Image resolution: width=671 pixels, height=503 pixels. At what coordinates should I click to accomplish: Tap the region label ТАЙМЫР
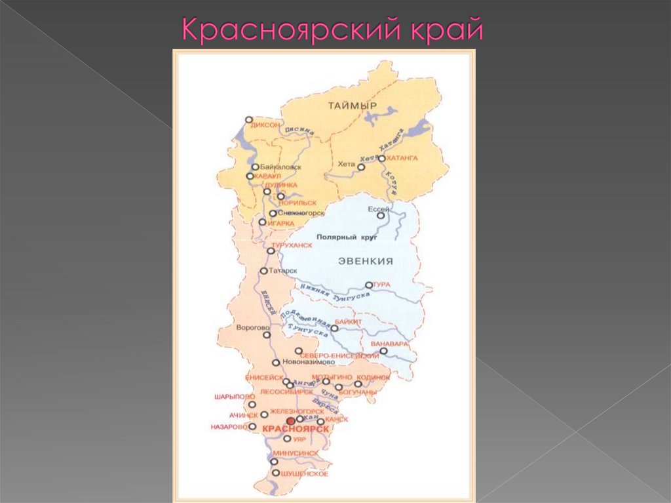(353, 106)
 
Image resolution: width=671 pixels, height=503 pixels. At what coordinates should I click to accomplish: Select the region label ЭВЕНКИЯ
(366, 261)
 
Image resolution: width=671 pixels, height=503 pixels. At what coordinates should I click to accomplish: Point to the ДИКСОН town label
(265, 125)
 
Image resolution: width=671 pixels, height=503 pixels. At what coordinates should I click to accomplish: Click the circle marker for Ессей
(381, 215)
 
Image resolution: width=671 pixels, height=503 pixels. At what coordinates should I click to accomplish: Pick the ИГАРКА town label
(281, 223)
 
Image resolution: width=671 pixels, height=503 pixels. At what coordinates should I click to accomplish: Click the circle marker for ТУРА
(369, 285)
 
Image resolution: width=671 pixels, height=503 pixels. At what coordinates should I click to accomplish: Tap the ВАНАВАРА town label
(390, 344)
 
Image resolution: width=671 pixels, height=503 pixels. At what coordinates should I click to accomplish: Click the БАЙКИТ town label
(348, 321)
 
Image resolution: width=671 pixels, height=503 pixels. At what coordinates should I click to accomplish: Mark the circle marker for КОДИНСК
(358, 384)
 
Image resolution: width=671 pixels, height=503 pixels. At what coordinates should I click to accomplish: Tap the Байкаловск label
(280, 167)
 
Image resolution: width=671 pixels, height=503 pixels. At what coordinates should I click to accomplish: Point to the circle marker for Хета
(361, 167)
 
